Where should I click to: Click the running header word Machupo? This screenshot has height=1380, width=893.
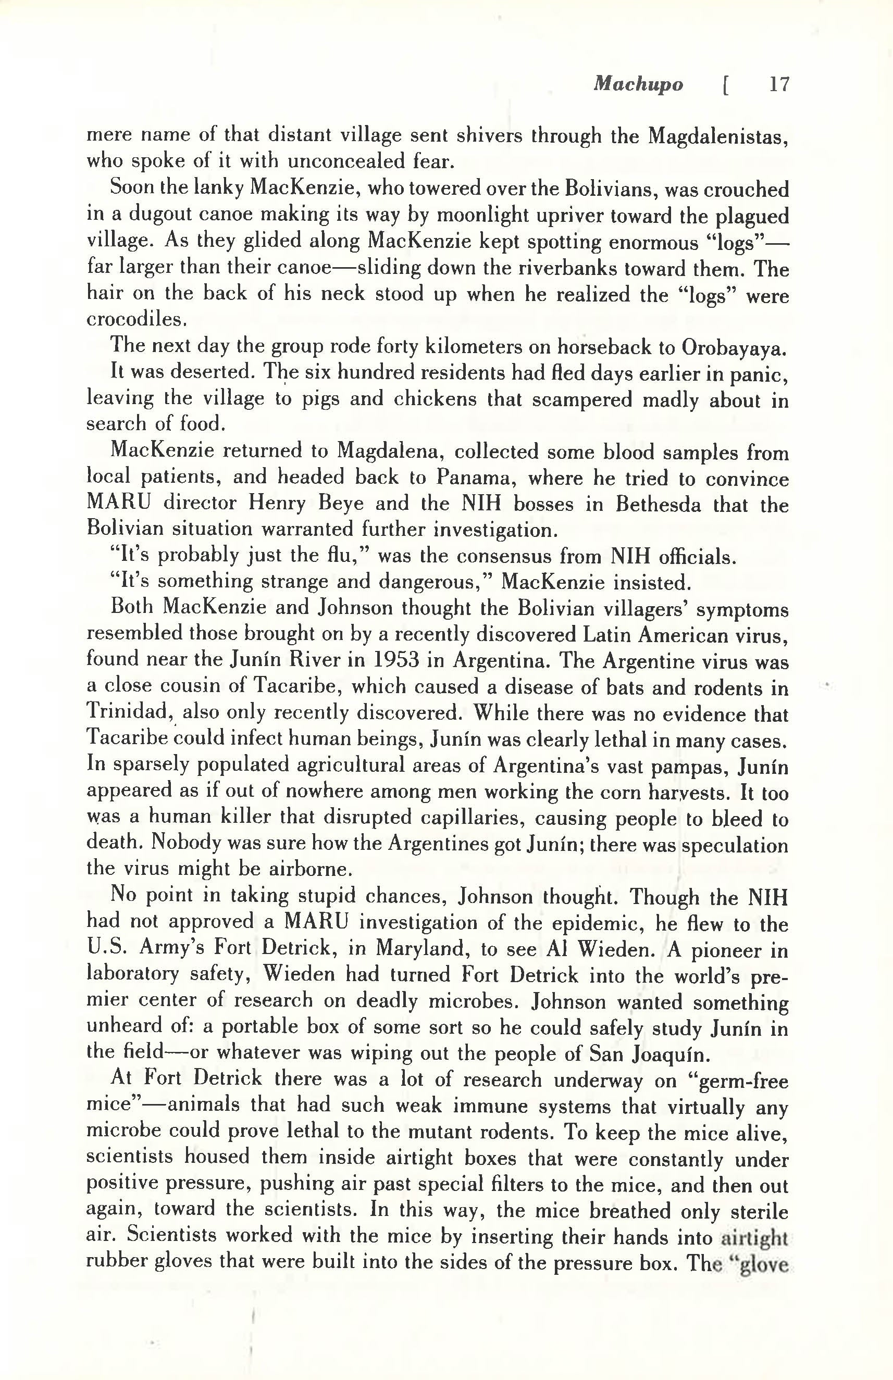coord(638,85)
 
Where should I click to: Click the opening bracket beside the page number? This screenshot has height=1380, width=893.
coord(725,86)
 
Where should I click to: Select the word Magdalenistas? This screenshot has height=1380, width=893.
coord(718,136)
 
